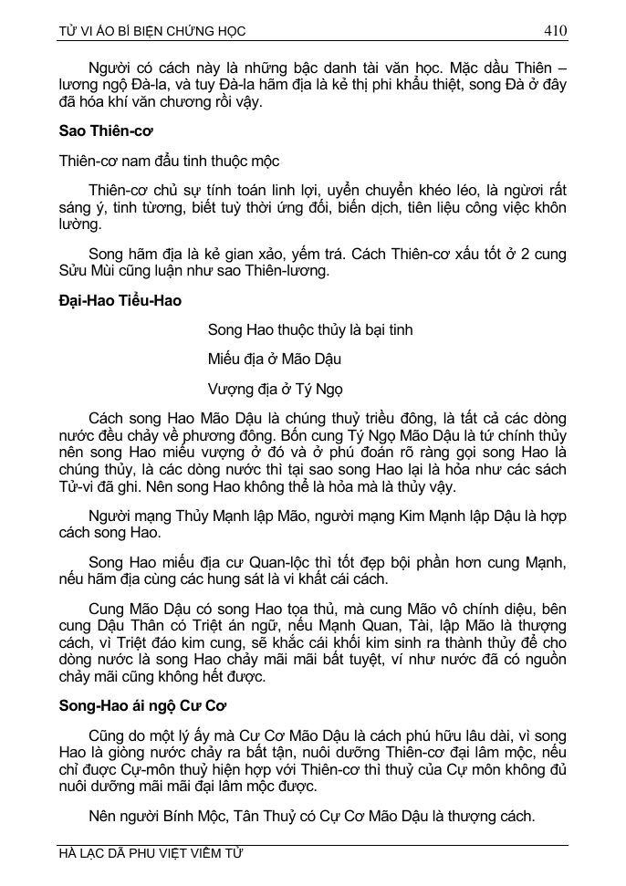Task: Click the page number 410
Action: [555, 30]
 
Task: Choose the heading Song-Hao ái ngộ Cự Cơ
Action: [136, 705]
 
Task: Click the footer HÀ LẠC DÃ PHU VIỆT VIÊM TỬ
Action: [151, 854]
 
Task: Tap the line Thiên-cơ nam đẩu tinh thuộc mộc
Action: [169, 161]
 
